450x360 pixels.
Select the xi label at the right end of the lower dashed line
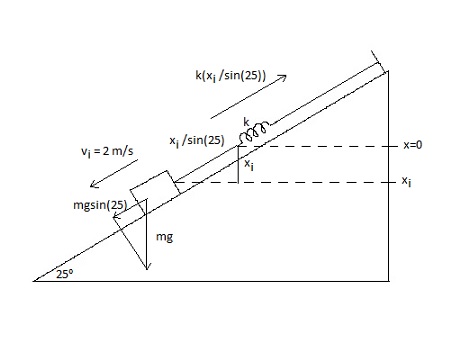pos(406,182)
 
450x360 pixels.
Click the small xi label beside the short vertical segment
pos(249,166)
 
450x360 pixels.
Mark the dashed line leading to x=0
pos(320,146)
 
